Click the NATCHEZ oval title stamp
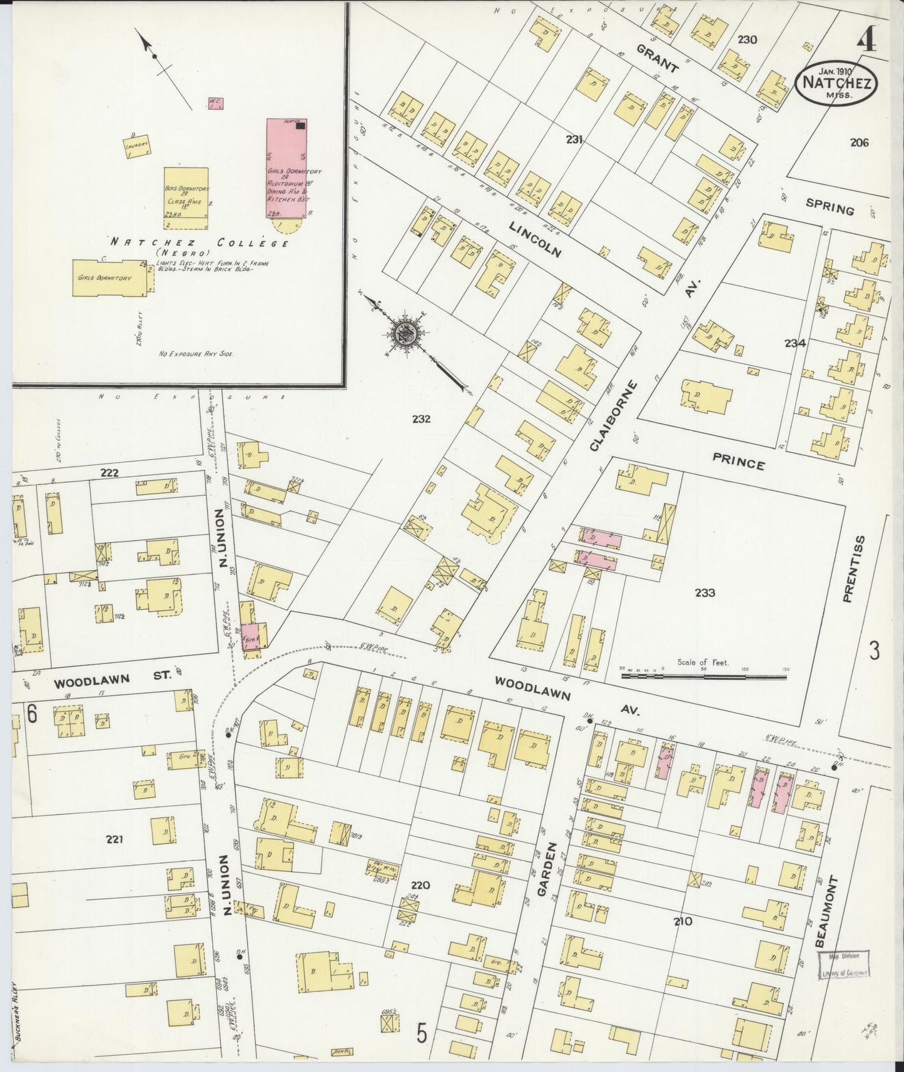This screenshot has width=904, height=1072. coord(836,84)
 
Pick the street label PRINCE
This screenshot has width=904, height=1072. coord(738,464)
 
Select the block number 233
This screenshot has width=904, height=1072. coord(704,592)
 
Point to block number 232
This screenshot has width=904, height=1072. coord(421,419)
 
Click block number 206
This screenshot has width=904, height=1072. coord(860,143)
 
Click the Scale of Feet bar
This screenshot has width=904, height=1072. coord(703,676)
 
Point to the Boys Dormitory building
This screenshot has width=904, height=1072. coord(186,193)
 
